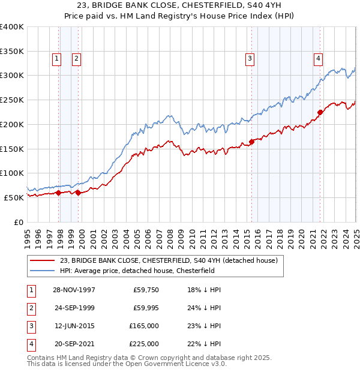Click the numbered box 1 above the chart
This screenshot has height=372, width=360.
click(x=56, y=58)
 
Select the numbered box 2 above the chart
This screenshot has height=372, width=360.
click(x=77, y=58)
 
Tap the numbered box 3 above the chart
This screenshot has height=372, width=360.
click(x=248, y=58)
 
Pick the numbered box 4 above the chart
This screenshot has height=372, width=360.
click(x=317, y=58)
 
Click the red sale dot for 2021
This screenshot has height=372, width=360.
click(x=320, y=112)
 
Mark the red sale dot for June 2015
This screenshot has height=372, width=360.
click(x=251, y=142)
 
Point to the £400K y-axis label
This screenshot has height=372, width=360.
click(x=11, y=27)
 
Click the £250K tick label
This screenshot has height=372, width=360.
click(x=11, y=100)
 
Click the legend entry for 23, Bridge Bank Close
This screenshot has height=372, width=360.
click(x=168, y=260)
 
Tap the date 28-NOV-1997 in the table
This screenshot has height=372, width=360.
click(x=74, y=290)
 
